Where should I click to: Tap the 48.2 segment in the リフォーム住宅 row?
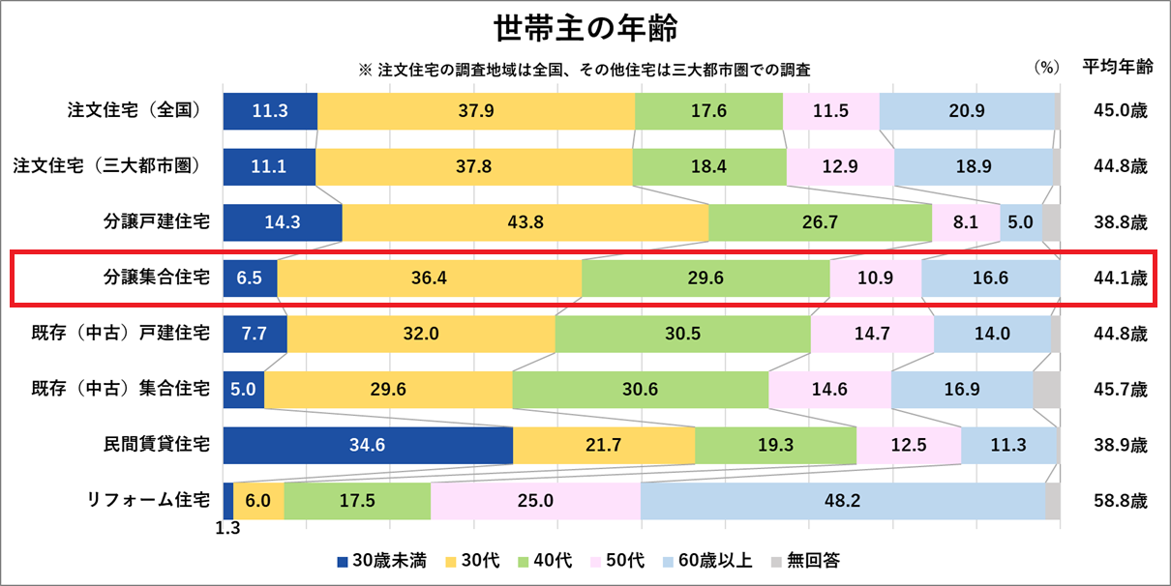click(x=842, y=501)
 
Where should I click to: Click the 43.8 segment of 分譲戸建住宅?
click(x=525, y=222)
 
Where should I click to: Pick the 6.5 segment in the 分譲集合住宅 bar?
click(x=250, y=278)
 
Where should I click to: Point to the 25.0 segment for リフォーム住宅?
click(x=535, y=501)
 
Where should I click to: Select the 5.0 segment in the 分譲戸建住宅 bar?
click(x=1020, y=222)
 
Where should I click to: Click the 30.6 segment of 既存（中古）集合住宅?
click(x=640, y=390)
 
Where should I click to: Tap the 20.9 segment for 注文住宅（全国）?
click(x=966, y=111)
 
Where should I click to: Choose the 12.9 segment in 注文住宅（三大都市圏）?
click(x=839, y=166)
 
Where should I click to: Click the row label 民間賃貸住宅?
click(x=157, y=446)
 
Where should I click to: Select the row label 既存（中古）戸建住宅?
click(x=121, y=335)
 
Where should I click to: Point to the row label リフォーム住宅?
click(x=148, y=501)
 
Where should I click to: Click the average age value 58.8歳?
click(x=1120, y=501)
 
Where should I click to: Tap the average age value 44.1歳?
click(x=1120, y=278)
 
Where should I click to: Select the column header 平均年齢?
click(x=1118, y=68)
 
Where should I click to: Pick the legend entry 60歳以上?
click(x=707, y=561)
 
